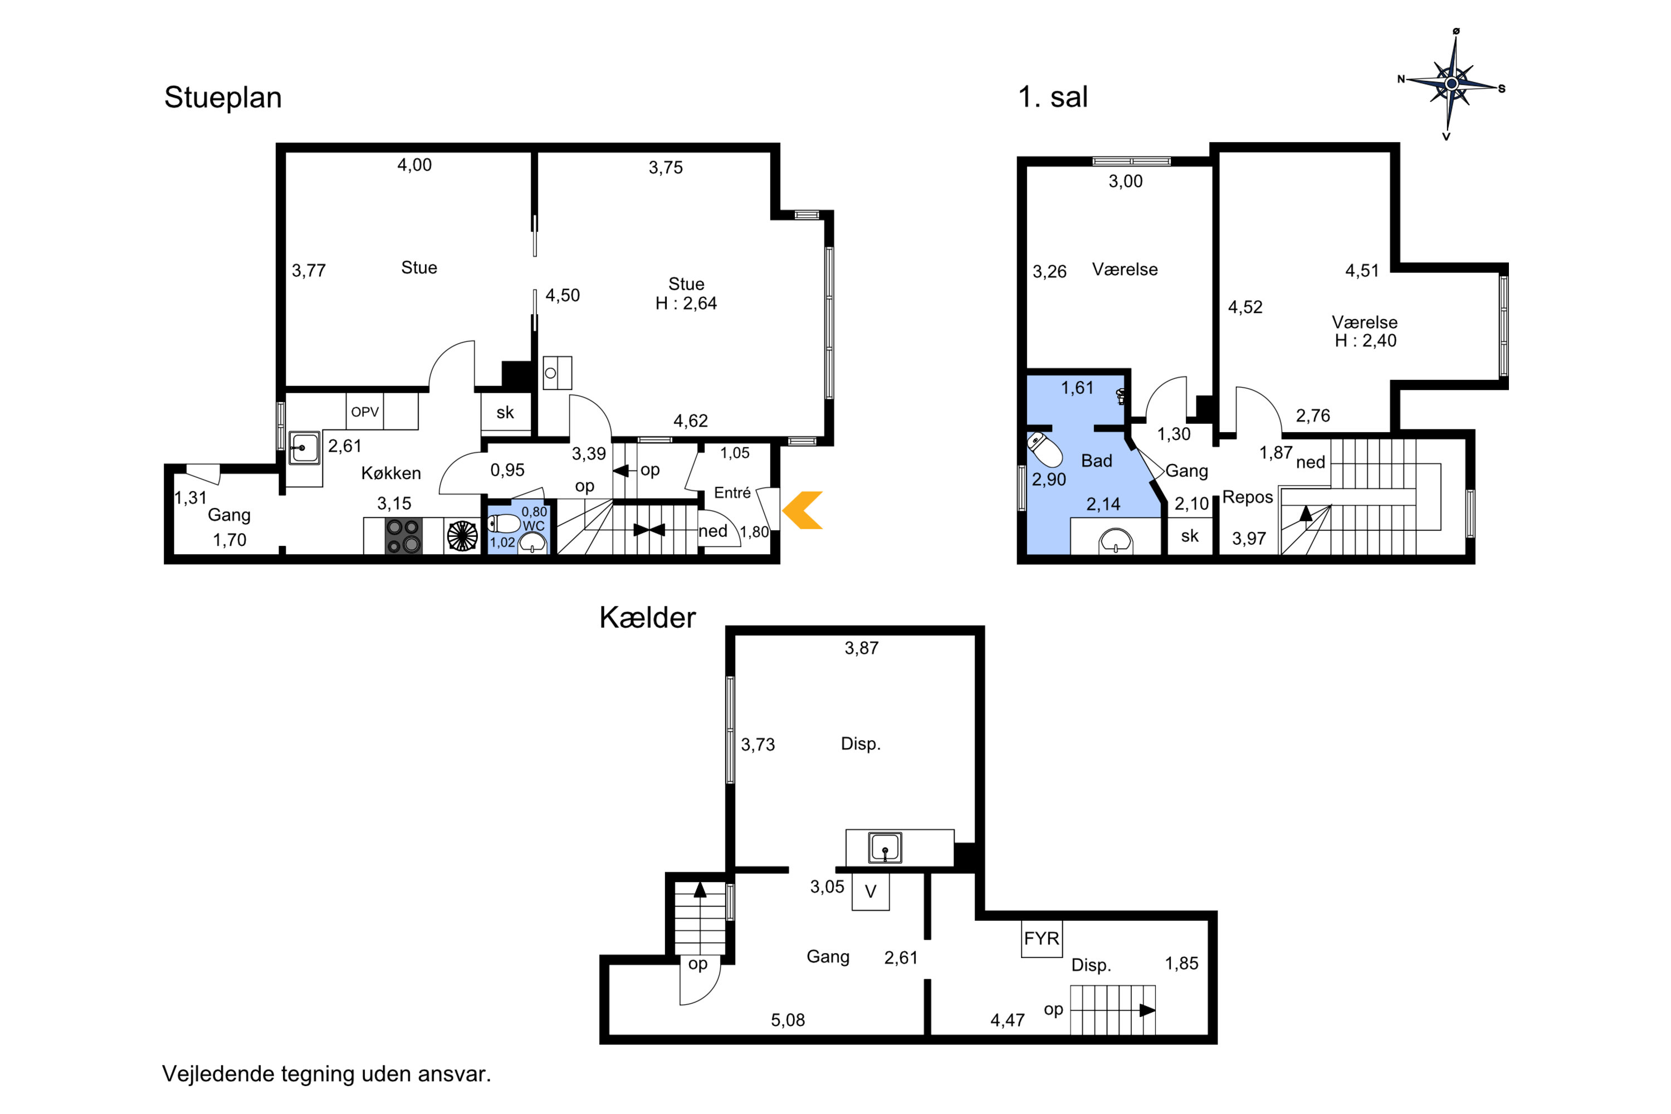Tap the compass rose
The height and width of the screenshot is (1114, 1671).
pos(1452,84)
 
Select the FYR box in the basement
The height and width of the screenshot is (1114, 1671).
pos(1042,939)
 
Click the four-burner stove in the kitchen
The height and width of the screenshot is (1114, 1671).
pos(403,536)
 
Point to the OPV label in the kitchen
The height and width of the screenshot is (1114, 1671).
pos(365,412)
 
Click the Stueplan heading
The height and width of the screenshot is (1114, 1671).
pos(223,97)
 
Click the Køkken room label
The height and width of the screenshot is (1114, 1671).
pos(391,473)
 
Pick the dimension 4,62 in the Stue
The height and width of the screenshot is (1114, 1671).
pos(691,421)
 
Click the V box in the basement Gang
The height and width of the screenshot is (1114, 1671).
pos(870,892)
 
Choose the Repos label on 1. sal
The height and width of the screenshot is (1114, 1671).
pos(1248,497)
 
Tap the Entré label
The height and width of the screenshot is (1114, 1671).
pos(732,492)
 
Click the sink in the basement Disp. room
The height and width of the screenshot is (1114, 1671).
pos(885,848)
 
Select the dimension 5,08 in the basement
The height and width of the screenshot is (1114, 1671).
pos(788,1020)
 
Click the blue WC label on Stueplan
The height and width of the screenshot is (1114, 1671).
pos(534,526)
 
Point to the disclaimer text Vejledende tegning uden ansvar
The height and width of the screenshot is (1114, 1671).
pos(327,1073)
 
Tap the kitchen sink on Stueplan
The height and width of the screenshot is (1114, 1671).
pos(304,448)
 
